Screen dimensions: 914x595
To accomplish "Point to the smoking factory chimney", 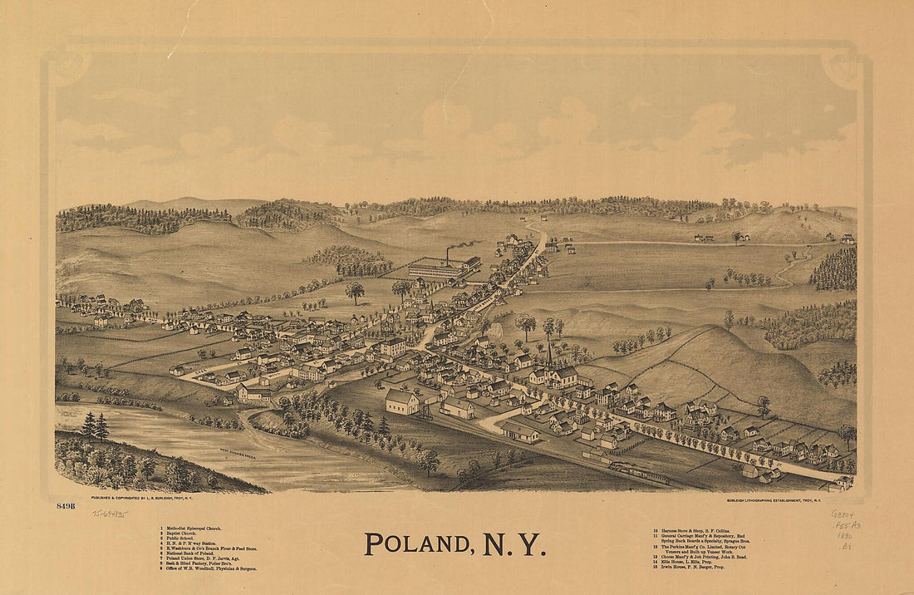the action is pyautogui.click(x=450, y=254).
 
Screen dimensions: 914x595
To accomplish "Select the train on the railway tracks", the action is pyautogui.click(x=640, y=474).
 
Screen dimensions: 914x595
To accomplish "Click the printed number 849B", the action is pyautogui.click(x=66, y=505).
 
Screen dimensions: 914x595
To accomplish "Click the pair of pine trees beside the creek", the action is pyautogui.click(x=95, y=426).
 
